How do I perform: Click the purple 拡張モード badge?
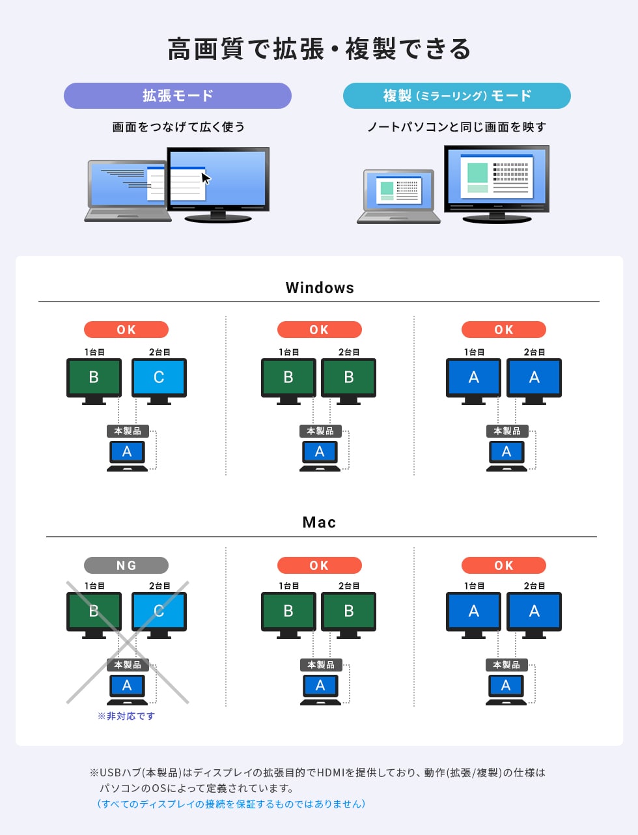coord(177,96)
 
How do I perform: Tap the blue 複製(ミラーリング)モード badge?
coord(456,96)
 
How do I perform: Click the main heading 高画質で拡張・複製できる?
coord(319,50)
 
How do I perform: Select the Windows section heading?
coord(320,288)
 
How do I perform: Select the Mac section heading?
coord(319,522)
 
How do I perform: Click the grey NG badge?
coord(126,565)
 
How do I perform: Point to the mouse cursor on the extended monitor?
coord(206,178)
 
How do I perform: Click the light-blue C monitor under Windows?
coord(159,378)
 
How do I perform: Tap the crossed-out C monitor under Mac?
coord(159,612)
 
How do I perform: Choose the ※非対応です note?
coord(126,716)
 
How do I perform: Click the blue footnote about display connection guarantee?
coord(231,804)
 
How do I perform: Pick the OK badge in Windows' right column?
coord(503,330)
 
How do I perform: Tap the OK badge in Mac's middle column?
coord(319,565)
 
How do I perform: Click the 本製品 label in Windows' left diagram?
coord(128,431)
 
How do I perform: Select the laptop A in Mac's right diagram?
coord(506,686)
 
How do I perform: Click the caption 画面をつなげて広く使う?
coord(178,127)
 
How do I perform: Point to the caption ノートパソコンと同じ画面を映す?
coord(456,127)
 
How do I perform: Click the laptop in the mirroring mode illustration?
coord(398,195)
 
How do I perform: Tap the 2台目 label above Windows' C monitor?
coord(159,352)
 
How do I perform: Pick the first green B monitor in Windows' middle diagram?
coord(288,378)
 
